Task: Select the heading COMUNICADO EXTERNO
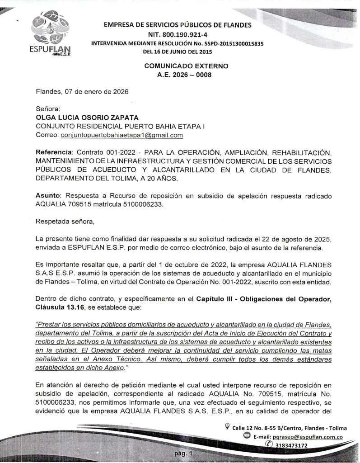186,66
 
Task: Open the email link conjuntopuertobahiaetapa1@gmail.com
122,135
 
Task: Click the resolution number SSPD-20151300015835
230,44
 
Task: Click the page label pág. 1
183,454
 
